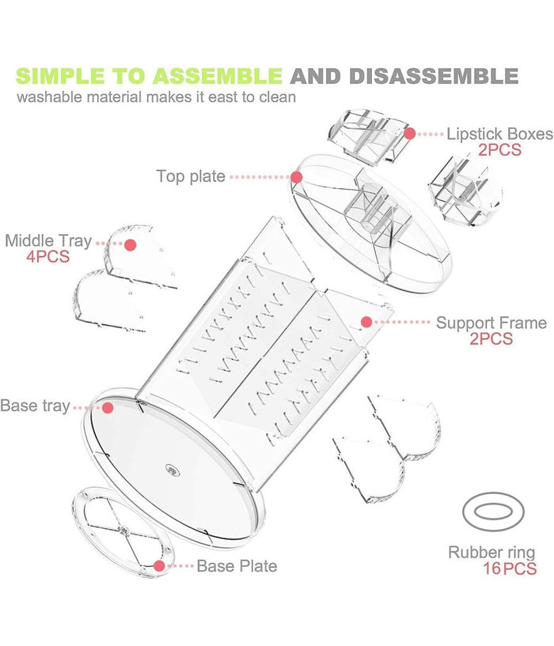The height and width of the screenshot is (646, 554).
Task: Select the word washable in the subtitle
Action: pos(49,98)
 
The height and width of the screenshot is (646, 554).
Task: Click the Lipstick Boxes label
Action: pos(499,134)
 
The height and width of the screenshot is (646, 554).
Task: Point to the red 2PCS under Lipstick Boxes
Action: pos(499,149)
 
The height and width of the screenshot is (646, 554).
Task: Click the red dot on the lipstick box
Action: pos(410,133)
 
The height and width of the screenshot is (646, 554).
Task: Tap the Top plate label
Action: pos(190,176)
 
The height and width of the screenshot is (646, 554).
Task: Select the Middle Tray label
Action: pos(47,240)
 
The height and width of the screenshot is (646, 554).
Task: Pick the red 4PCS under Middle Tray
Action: pos(47,257)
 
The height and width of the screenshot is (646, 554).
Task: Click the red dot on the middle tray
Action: pos(131,244)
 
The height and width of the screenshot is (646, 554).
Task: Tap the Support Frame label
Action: pos(491,323)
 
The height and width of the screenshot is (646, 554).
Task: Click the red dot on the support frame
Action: pos(366,322)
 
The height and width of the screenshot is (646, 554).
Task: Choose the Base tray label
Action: pos(35,406)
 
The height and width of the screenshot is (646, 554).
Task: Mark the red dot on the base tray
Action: pos(108,407)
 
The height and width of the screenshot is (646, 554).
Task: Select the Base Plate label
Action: pos(237,566)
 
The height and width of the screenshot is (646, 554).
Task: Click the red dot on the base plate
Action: pos(160,566)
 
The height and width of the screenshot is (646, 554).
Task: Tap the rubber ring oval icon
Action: pos(491,513)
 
